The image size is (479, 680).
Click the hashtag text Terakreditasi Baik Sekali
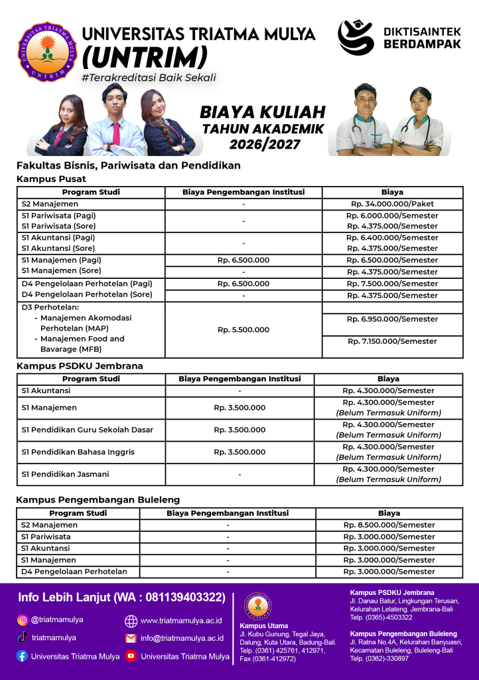click(x=148, y=78)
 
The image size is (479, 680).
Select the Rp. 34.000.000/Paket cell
click(x=392, y=204)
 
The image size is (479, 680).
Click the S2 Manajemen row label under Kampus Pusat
click(x=50, y=204)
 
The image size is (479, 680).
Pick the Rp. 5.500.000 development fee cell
click(x=243, y=329)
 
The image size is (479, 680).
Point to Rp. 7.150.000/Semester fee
click(x=392, y=341)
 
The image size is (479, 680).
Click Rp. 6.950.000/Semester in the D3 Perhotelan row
click(x=392, y=319)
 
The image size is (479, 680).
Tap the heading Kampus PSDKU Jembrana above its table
click(x=80, y=366)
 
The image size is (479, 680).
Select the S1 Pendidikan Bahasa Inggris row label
click(x=78, y=452)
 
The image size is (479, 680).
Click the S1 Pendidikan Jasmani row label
click(x=65, y=474)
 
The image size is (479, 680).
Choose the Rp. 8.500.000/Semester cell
click(x=389, y=525)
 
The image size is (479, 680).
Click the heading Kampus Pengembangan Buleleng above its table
click(x=98, y=499)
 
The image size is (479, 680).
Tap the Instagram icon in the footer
click(x=23, y=620)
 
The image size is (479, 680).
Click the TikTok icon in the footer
click(x=23, y=637)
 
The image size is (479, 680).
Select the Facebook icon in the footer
click(x=23, y=656)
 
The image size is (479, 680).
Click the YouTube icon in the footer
click(x=131, y=656)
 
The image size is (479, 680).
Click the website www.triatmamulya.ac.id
click(x=181, y=621)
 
